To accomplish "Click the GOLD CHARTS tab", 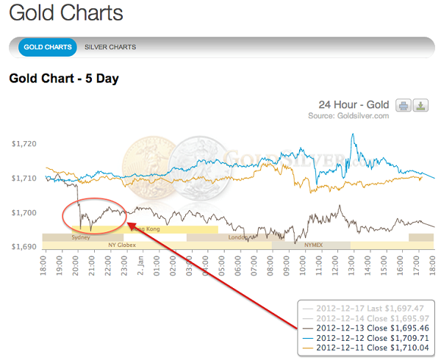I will point(48,47).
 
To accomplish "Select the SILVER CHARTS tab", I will point(110,47).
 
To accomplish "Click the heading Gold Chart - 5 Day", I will point(64,78).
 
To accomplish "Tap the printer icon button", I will point(404,106).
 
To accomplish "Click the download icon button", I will point(420,106).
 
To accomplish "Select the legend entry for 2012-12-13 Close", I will point(367,328).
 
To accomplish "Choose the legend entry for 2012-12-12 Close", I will point(367,337).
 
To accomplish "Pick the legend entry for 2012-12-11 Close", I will point(367,348).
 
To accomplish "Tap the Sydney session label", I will point(81,237).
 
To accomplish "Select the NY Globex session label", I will point(122,245).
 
